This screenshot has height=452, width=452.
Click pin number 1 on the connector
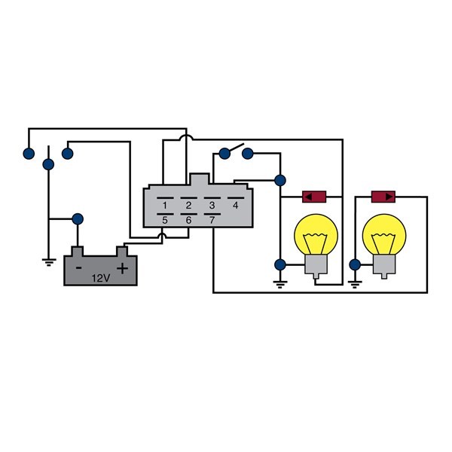[164, 205]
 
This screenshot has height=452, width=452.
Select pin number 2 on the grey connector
[188, 205]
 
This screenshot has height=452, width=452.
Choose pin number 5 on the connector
[164, 220]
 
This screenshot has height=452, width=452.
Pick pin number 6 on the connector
[188, 220]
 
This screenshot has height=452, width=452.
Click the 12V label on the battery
[100, 278]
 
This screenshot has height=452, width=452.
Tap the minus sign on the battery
[78, 267]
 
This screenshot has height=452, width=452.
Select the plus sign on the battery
[122, 267]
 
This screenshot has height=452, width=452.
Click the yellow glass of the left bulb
[315, 235]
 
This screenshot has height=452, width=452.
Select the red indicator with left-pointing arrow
[313, 197]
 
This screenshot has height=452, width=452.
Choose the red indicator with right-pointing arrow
[385, 197]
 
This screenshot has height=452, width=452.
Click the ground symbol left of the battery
[48, 262]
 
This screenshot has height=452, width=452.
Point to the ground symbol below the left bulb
[280, 284]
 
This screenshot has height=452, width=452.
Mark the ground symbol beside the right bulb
[354, 284]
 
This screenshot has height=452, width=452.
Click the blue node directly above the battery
[77, 219]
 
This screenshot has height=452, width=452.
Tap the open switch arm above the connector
[235, 148]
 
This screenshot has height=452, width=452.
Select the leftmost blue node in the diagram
[28, 154]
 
